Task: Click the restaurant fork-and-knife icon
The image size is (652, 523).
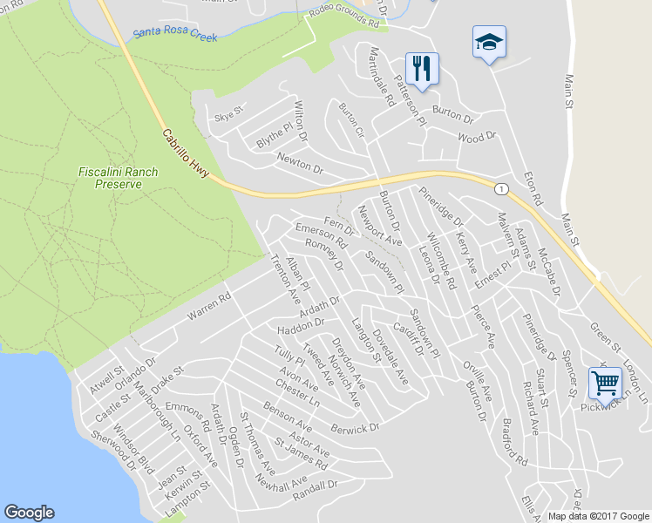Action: pos(422,67)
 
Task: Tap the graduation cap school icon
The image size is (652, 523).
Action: pos(489,41)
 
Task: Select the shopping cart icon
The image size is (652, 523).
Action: pos(604,381)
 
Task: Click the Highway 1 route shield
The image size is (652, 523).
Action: pos(500,188)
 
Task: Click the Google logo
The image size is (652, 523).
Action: pos(29,513)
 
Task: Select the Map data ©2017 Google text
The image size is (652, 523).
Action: pos(597,516)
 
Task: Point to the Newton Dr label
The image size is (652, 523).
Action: pos(299,160)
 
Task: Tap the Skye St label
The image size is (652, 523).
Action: pos(228,113)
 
